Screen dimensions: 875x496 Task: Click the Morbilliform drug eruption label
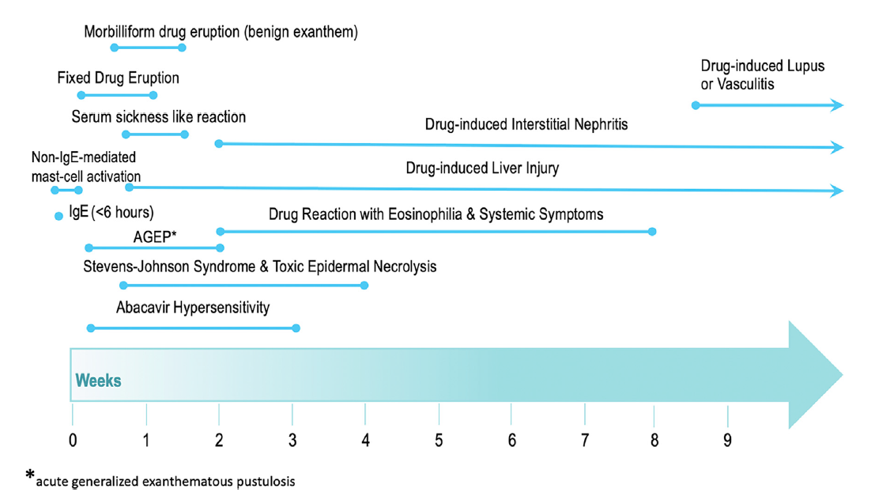pyautogui.click(x=221, y=32)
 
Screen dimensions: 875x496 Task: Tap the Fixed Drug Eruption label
pyautogui.click(x=119, y=78)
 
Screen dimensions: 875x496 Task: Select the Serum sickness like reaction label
pyautogui.click(x=159, y=117)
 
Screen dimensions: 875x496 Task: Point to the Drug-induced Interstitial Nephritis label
pyautogui.click(x=526, y=124)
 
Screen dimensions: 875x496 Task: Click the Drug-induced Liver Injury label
pyautogui.click(x=482, y=168)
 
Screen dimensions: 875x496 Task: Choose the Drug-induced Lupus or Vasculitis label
pyautogui.click(x=762, y=75)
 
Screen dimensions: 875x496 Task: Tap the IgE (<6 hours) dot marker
pyautogui.click(x=58, y=216)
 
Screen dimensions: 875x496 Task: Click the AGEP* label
pyautogui.click(x=155, y=237)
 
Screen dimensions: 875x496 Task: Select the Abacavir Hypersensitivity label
pyautogui.click(x=193, y=307)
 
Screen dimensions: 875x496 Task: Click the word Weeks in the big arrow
pyautogui.click(x=98, y=381)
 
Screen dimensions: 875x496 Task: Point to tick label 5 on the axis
pyautogui.click(x=439, y=441)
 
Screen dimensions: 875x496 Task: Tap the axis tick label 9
pyautogui.click(x=727, y=441)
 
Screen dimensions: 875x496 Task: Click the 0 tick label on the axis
pyautogui.click(x=73, y=441)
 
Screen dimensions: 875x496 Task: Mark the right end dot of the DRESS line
pyautogui.click(x=652, y=231)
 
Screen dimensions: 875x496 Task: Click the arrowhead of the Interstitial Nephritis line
pyautogui.click(x=837, y=147)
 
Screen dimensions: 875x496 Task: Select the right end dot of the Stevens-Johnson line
pyautogui.click(x=364, y=286)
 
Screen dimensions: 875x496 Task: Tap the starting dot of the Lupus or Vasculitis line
pyautogui.click(x=696, y=105)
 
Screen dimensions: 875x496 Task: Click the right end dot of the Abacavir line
pyautogui.click(x=296, y=328)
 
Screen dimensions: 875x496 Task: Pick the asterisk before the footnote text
pyautogui.click(x=30, y=475)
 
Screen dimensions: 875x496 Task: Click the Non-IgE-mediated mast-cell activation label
pyautogui.click(x=86, y=167)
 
